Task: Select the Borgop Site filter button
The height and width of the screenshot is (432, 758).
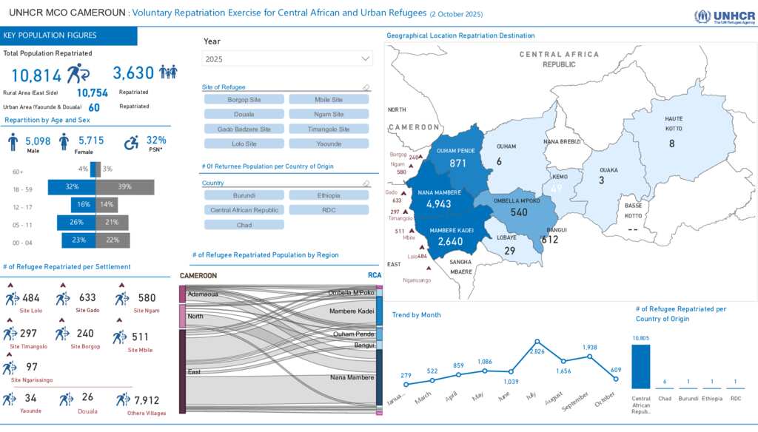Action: [244, 99]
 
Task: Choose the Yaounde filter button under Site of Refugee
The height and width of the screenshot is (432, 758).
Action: [329, 144]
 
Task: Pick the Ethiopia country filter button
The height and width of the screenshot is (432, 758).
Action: [329, 195]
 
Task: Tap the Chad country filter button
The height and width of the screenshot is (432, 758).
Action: [244, 225]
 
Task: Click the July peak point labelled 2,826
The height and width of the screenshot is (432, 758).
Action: [537, 342]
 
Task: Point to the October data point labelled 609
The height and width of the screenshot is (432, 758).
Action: [616, 379]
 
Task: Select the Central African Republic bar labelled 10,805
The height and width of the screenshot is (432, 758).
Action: [641, 366]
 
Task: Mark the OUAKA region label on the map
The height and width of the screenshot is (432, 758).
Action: [608, 170]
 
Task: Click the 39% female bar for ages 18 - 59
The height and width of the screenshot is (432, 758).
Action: [124, 187]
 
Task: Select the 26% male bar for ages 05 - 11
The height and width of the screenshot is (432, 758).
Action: [77, 223]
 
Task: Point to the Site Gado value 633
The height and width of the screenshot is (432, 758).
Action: [87, 298]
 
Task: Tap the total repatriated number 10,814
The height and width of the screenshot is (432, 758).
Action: [36, 75]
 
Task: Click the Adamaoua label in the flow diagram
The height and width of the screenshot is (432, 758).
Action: [203, 294]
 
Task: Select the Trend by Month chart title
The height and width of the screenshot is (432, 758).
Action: [416, 315]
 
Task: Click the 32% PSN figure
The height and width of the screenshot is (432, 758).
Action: [156, 140]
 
